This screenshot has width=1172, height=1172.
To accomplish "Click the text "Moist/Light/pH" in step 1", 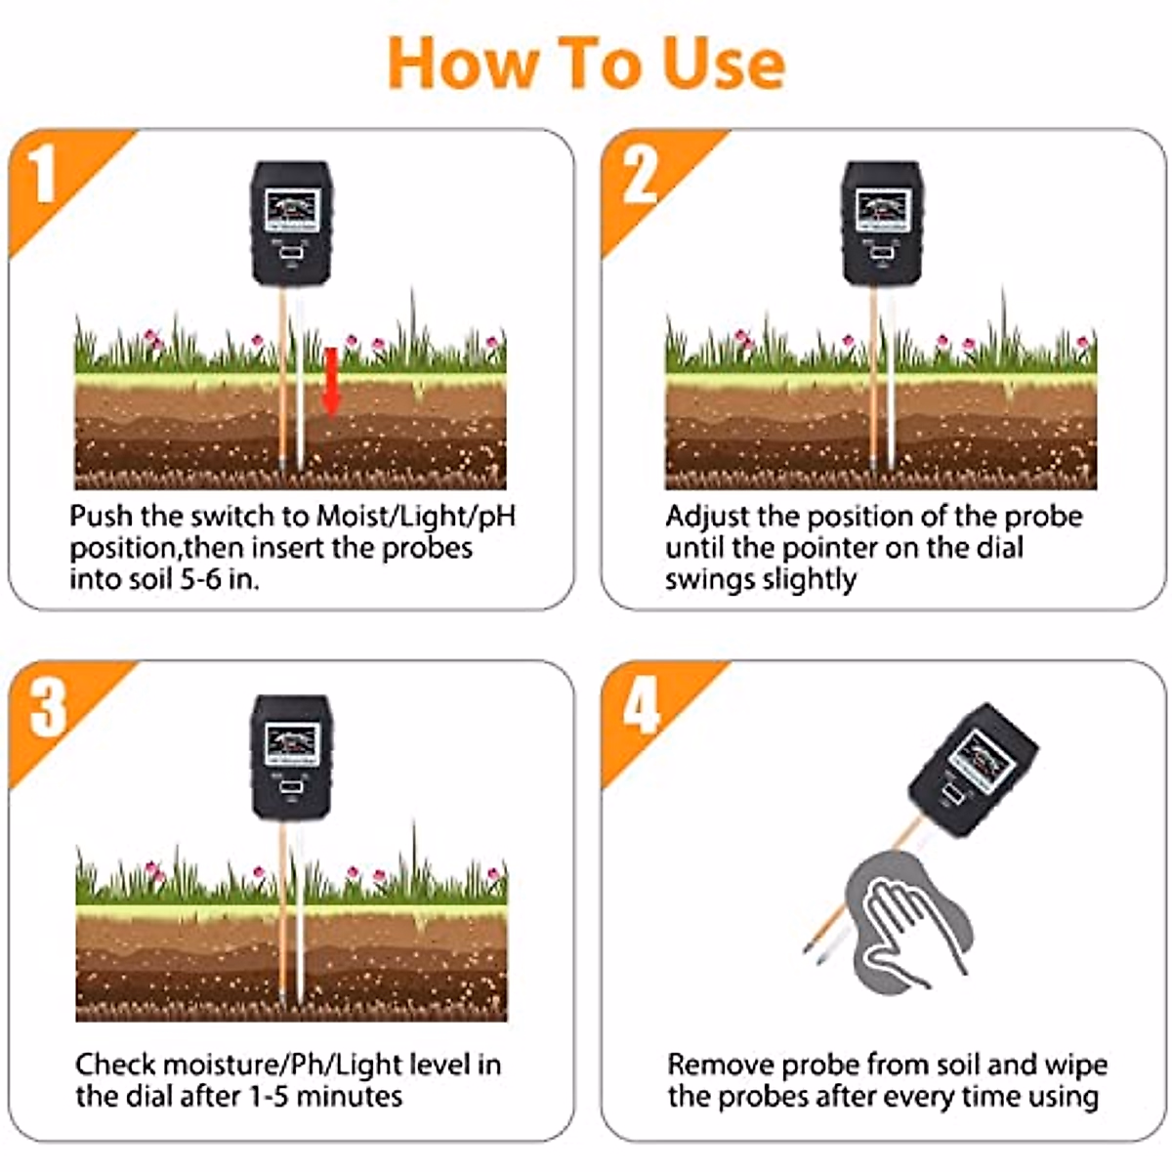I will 414,516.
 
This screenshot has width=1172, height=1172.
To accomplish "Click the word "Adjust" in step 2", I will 707,516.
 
